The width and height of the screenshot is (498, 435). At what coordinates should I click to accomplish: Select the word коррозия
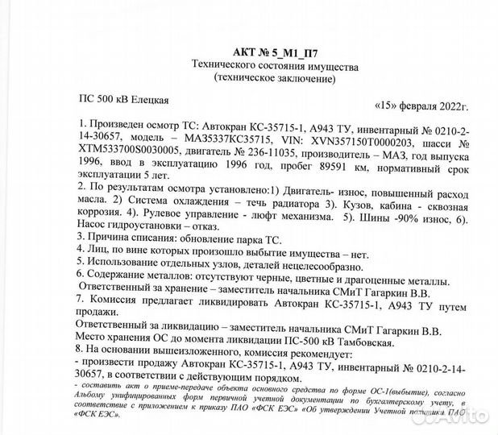tap(101, 217)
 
